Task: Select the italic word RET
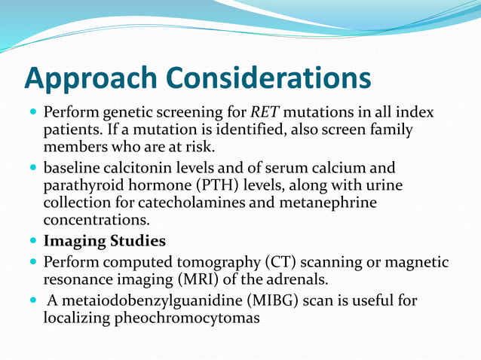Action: point(265,113)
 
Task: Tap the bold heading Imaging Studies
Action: point(105,242)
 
